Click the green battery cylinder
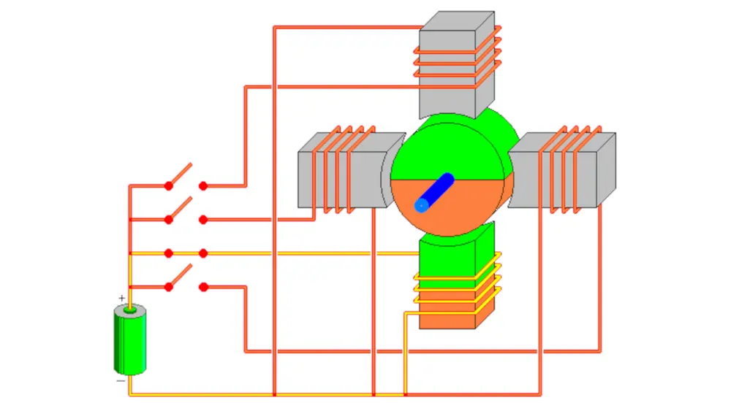pos(129,342)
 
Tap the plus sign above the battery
pos(121,298)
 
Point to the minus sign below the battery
pos(120,381)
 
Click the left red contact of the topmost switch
pos(169,186)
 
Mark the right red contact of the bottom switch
pos(203,287)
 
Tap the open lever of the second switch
pos(181,208)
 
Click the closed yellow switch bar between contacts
pos(186,253)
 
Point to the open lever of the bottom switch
pos(181,276)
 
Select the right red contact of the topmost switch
pos(203,186)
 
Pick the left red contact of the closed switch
pos(169,253)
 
